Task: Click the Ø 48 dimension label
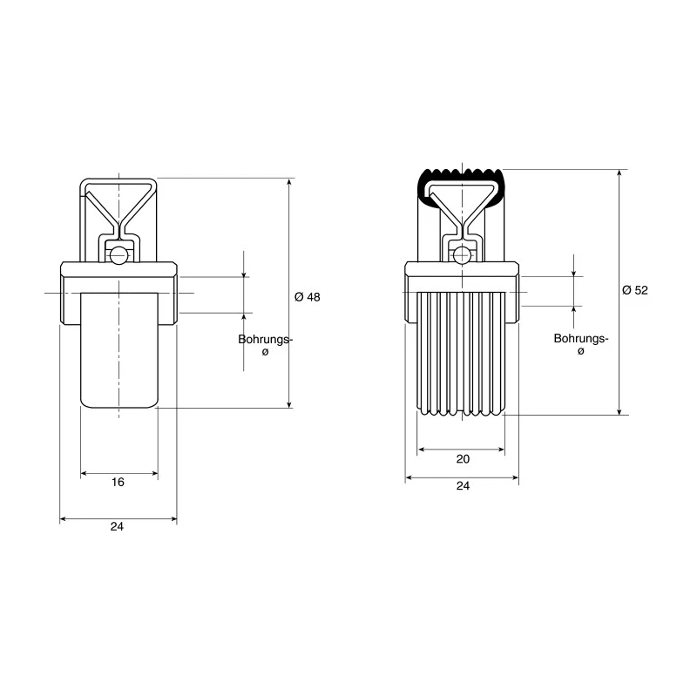[x=308, y=297]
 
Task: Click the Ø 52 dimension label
[x=635, y=290]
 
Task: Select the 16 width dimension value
[x=118, y=483]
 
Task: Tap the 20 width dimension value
[x=463, y=459]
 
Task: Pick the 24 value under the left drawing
[x=117, y=527]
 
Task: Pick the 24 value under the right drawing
[x=463, y=486]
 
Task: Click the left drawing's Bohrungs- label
[x=266, y=340]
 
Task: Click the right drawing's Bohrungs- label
[x=581, y=339]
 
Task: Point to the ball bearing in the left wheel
[x=118, y=255]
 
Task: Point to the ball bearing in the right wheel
[x=463, y=255]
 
